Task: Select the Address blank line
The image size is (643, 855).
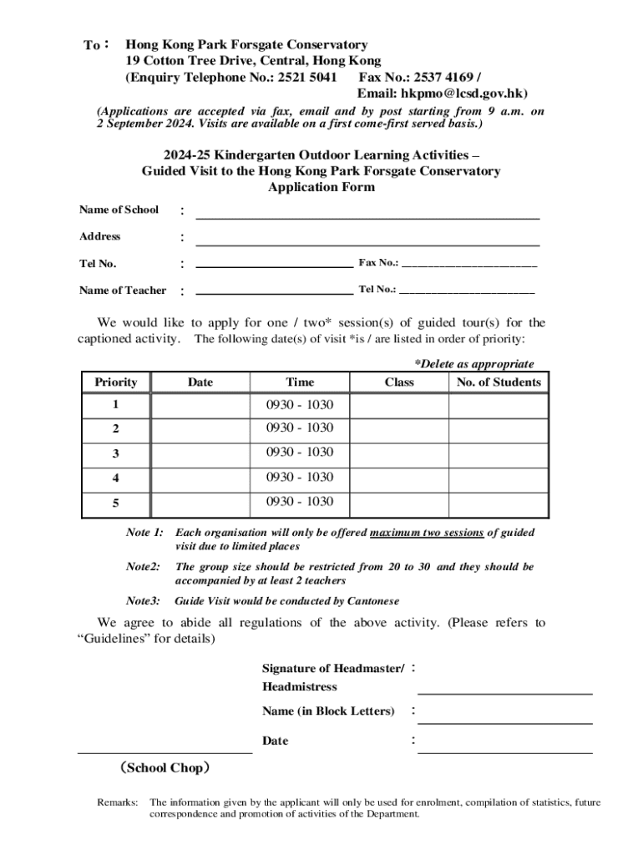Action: coord(367,243)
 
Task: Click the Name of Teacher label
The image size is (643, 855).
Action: coord(123,291)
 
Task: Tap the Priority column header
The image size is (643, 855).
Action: coord(116,382)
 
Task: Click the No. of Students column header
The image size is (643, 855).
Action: coord(499,382)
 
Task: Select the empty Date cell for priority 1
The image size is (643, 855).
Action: coord(200,406)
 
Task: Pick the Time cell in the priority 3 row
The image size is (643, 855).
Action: coord(300,453)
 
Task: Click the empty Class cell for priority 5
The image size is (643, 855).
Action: coord(399,503)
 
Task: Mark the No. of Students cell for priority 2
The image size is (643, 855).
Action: coord(499,429)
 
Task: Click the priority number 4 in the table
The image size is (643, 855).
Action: coord(116,478)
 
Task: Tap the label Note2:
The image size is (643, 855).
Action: coord(143,567)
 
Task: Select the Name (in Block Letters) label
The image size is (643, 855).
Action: coord(328,711)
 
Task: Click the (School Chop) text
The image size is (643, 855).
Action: coord(165,768)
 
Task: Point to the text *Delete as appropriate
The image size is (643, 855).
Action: coord(474,364)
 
